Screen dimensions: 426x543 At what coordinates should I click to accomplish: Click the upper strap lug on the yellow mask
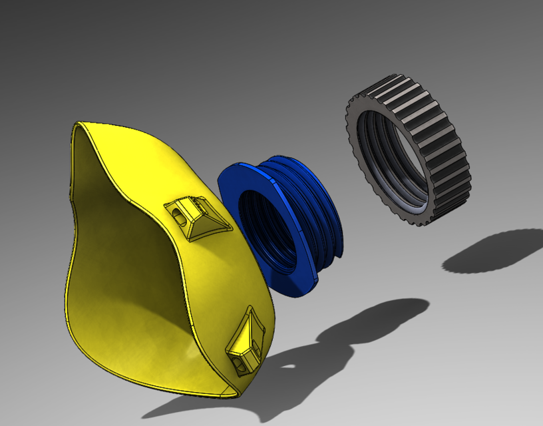pos(196,217)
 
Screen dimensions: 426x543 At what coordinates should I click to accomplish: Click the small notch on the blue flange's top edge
pos(271,179)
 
